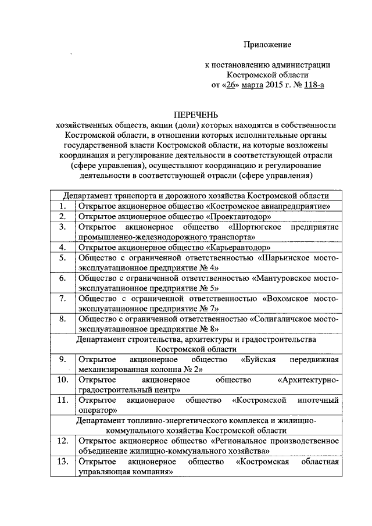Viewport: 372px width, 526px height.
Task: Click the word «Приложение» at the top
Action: pyautogui.click(x=267, y=44)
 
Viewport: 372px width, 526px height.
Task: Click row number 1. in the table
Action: pyautogui.click(x=62, y=206)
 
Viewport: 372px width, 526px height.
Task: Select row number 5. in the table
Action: pyautogui.click(x=62, y=257)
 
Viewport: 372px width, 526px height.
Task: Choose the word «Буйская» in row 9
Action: pyautogui.click(x=257, y=360)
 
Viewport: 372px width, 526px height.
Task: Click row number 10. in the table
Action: pyautogui.click(x=62, y=380)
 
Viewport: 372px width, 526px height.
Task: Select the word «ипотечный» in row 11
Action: pyautogui.click(x=317, y=400)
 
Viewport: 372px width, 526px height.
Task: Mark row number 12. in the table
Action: pyautogui.click(x=62, y=441)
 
